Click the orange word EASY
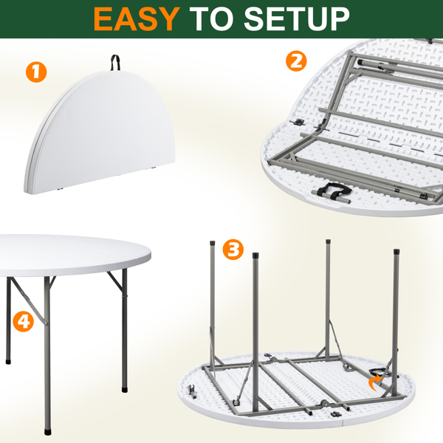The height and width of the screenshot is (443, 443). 137,18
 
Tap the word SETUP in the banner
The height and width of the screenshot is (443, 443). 297,18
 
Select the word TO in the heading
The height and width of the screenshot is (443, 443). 212,18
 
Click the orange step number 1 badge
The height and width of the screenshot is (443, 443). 36,72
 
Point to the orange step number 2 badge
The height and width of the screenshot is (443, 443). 296,61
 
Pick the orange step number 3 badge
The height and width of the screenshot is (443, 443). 233,250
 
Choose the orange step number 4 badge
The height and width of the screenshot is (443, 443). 23,321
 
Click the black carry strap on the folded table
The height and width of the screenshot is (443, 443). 115,63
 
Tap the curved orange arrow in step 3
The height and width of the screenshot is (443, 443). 375,382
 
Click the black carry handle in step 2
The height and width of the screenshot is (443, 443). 334,190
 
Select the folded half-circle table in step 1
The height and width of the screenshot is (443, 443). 100,132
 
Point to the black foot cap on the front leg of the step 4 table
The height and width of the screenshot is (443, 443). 48,432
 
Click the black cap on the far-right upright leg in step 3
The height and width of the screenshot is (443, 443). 396,251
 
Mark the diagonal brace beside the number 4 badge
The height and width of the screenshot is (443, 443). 29,301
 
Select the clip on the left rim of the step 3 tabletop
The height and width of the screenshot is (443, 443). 193,391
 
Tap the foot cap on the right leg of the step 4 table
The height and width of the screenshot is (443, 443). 124,390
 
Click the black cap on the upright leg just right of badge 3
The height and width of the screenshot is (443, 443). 255,255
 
